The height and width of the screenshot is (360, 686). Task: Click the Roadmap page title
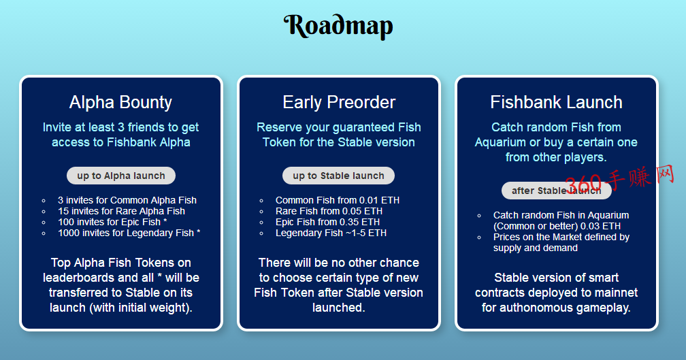click(338, 27)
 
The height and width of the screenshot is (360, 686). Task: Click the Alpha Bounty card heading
click(120, 102)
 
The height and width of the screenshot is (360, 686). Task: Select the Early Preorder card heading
click(339, 102)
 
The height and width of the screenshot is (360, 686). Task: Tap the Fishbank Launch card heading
click(556, 102)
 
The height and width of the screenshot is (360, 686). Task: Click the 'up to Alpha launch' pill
click(121, 176)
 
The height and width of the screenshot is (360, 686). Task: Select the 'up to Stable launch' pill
click(339, 176)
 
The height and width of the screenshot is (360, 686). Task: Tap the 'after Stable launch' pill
click(556, 191)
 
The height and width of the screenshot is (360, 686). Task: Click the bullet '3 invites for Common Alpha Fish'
click(127, 200)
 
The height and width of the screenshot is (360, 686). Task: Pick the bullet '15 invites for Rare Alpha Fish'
click(121, 211)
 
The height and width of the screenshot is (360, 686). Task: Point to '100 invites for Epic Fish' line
click(112, 223)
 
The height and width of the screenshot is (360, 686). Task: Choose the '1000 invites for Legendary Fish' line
click(129, 233)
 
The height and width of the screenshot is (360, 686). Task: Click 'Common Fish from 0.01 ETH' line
click(338, 200)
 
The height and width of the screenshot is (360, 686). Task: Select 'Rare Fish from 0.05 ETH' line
click(329, 211)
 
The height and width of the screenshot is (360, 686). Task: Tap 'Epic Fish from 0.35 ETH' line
click(328, 223)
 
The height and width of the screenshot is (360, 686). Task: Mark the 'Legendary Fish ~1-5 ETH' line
click(331, 233)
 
